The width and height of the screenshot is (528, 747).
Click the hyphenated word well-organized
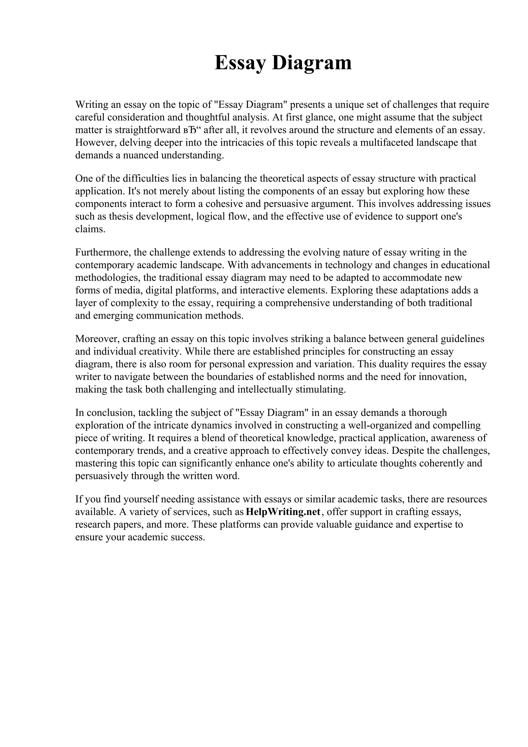point(379,425)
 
